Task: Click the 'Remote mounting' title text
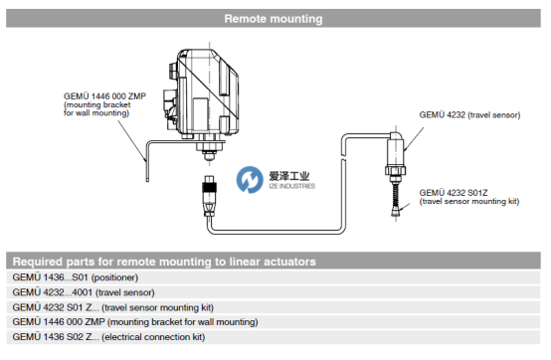pos(274,19)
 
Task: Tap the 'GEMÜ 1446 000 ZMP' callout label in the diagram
pos(104,96)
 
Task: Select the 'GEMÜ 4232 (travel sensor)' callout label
pos(469,114)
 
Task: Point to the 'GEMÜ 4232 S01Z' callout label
pos(454,193)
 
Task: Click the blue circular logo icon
pos(250,180)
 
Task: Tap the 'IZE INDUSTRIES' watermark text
pos(291,186)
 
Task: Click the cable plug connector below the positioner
pos(210,195)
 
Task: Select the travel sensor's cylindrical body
pos(396,152)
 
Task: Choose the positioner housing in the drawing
pos(202,92)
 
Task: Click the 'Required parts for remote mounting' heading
pos(164,262)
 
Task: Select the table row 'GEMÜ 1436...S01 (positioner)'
pos(274,277)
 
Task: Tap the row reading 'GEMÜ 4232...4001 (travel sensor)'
pos(274,292)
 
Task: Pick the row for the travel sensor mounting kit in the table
pos(274,307)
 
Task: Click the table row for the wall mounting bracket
pos(274,322)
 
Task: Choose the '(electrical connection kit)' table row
pos(274,337)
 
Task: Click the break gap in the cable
pos(343,157)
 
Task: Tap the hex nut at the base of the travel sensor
pos(396,171)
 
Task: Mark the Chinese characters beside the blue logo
pos(288,176)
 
